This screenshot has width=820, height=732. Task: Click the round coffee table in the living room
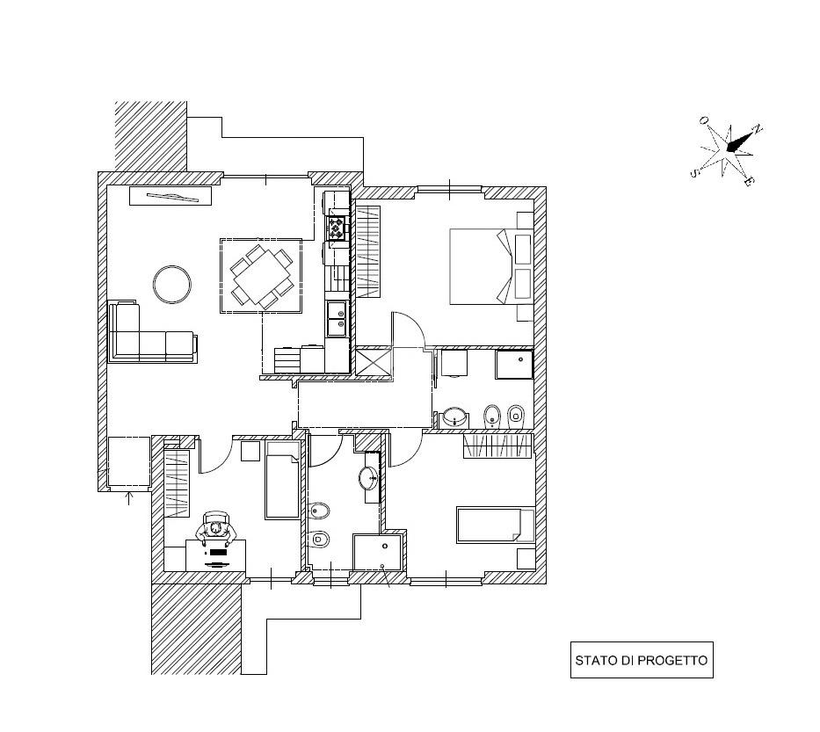(172, 284)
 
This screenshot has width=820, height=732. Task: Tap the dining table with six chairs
(261, 276)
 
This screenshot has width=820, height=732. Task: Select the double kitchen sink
(337, 318)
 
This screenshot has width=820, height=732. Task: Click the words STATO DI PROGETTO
(641, 661)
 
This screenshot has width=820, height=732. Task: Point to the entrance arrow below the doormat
(130, 498)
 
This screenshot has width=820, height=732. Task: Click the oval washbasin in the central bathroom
(368, 478)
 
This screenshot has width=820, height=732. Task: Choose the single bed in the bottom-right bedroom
(495, 525)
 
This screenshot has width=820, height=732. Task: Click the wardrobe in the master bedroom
(367, 250)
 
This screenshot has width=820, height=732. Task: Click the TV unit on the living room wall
(171, 196)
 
